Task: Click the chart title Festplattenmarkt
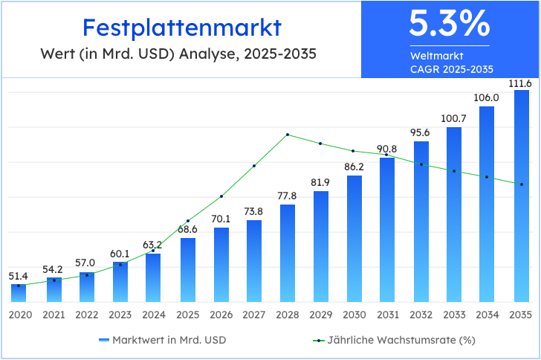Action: (x=182, y=28)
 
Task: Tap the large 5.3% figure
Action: (x=450, y=24)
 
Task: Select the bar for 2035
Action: (x=522, y=197)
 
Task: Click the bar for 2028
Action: (x=288, y=253)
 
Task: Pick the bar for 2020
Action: (x=19, y=293)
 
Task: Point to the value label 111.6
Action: (x=520, y=83)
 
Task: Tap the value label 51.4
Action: (x=19, y=276)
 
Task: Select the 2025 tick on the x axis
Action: (x=187, y=315)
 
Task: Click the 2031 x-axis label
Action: (x=387, y=315)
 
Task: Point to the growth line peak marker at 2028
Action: (x=288, y=135)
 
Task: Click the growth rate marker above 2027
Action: (x=254, y=166)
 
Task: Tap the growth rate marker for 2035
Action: (x=522, y=184)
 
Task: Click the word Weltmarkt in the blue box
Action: (x=436, y=56)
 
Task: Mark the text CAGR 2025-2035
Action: (x=451, y=69)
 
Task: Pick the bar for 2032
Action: (x=421, y=222)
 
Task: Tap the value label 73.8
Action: (x=254, y=211)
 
